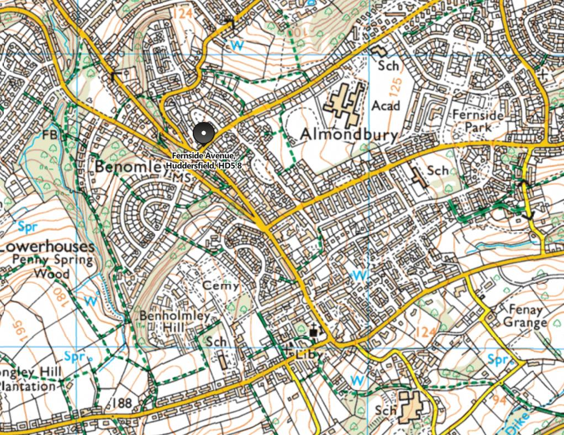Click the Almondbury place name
click(x=349, y=134)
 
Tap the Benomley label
click(x=129, y=166)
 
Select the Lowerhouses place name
click(x=46, y=246)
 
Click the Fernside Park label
click(x=478, y=120)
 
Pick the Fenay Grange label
click(x=522, y=316)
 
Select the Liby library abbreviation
click(x=309, y=354)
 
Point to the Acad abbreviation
click(x=386, y=105)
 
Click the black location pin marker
click(x=203, y=134)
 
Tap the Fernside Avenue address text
click(x=203, y=160)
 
